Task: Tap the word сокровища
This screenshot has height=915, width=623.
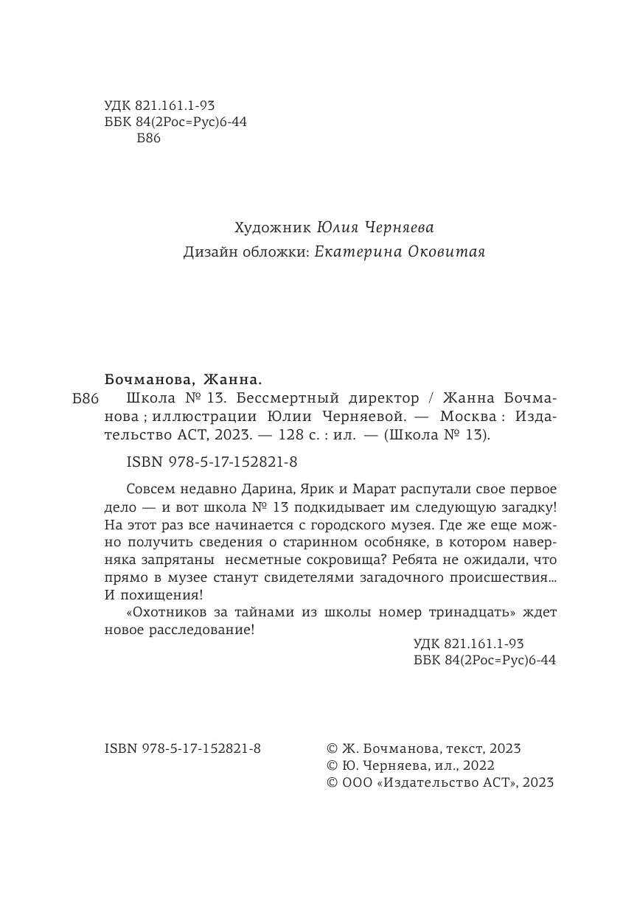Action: (344, 560)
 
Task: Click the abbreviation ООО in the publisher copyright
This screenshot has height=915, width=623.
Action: (355, 783)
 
